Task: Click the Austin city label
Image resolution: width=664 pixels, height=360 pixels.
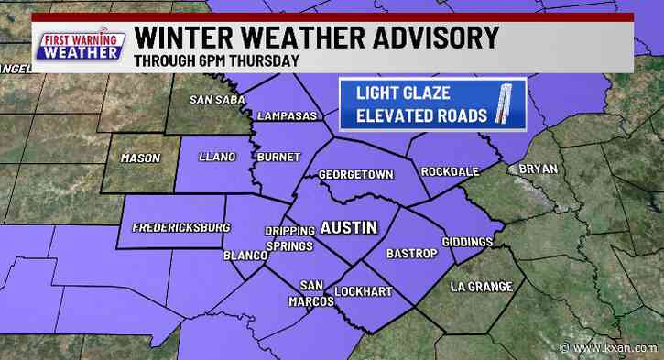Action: pyautogui.click(x=348, y=226)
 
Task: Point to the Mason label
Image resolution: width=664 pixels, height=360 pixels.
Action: pyautogui.click(x=140, y=158)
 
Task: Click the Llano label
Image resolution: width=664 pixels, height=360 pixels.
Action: pyautogui.click(x=210, y=158)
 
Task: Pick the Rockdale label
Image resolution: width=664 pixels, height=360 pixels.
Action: pyautogui.click(x=447, y=172)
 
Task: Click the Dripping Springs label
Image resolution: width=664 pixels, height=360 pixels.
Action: pyautogui.click(x=289, y=238)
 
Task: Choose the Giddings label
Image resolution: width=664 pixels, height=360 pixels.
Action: pyautogui.click(x=468, y=242)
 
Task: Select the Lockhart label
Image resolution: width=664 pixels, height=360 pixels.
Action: pyautogui.click(x=363, y=291)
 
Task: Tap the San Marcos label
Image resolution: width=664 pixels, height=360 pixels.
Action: pyautogui.click(x=317, y=292)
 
